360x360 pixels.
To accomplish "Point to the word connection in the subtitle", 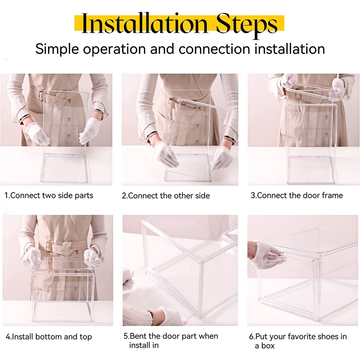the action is [214, 49].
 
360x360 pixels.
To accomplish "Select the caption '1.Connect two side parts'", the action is [49, 195].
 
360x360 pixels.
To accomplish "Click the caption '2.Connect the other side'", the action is [166, 195].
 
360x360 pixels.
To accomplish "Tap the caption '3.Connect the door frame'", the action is [297, 195].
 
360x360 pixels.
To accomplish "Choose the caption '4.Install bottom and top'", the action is [49, 336].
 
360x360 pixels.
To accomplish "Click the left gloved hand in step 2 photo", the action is [166, 154].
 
